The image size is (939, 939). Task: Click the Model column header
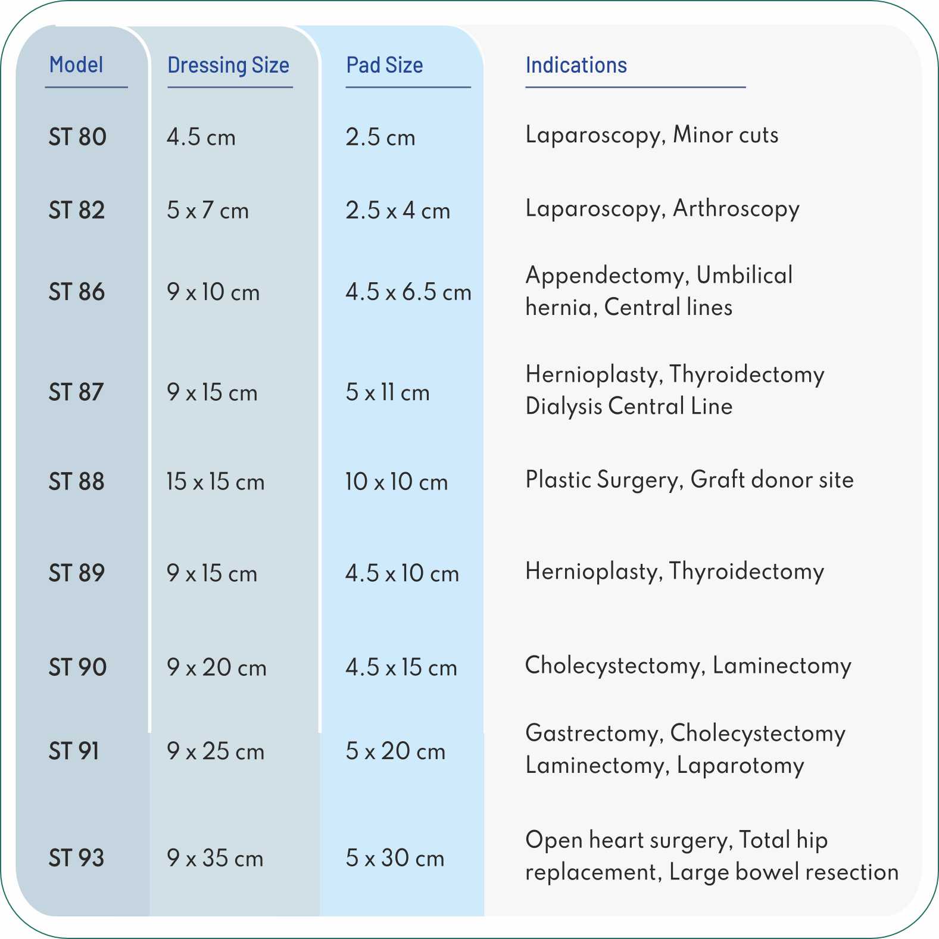coord(76,65)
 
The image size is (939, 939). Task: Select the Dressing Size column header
coord(228,65)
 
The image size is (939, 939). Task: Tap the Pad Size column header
coord(385,65)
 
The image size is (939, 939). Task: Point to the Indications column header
coord(576,65)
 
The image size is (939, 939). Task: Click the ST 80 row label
coord(77,137)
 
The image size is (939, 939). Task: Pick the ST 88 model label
coord(76,482)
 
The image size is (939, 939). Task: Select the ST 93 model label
coord(76,858)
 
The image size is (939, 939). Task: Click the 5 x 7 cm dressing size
coord(207,210)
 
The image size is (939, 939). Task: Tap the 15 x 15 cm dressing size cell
coord(215,482)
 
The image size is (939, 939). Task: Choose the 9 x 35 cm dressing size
coord(215,858)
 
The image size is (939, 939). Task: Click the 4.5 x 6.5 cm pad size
coord(408,292)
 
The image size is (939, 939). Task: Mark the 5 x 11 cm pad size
coord(388,392)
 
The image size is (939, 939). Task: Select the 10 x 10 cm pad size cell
coord(397,482)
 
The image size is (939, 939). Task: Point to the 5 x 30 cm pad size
coord(395,858)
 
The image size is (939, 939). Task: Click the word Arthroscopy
coord(736,209)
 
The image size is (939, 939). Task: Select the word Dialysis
coord(564,406)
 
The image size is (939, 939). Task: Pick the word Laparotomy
coord(740,765)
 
